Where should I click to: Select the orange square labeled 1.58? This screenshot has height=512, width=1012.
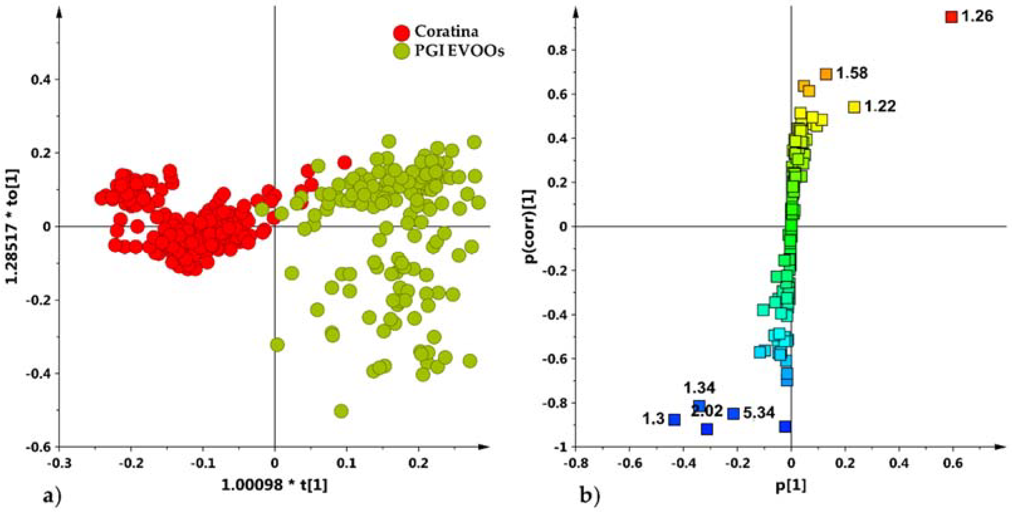pos(826,74)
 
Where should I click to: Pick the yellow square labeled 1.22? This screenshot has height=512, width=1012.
pos(854,107)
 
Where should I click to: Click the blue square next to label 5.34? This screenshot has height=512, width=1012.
pos(733,413)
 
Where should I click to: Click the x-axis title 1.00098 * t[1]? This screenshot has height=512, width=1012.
pos(274,486)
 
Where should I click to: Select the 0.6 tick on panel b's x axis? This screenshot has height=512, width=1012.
pos(953,464)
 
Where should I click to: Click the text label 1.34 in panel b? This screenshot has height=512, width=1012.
pos(700,388)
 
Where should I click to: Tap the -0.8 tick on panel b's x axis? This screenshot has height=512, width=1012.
pos(576,464)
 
